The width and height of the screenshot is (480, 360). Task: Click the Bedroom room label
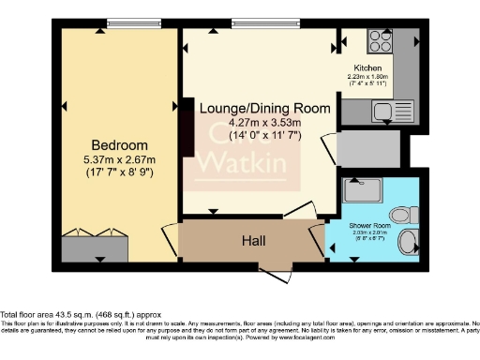[x=119, y=144]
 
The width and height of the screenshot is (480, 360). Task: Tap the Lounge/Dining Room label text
[x=265, y=109]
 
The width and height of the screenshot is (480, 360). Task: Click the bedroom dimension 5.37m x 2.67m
[x=119, y=158]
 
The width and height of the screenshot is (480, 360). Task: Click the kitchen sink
[x=385, y=112]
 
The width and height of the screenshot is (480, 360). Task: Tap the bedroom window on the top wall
[x=119, y=23]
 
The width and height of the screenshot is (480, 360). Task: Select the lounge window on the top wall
[x=259, y=23]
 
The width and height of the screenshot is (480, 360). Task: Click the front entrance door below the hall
[x=278, y=272]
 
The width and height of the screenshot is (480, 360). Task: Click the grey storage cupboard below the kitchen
[x=367, y=148]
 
